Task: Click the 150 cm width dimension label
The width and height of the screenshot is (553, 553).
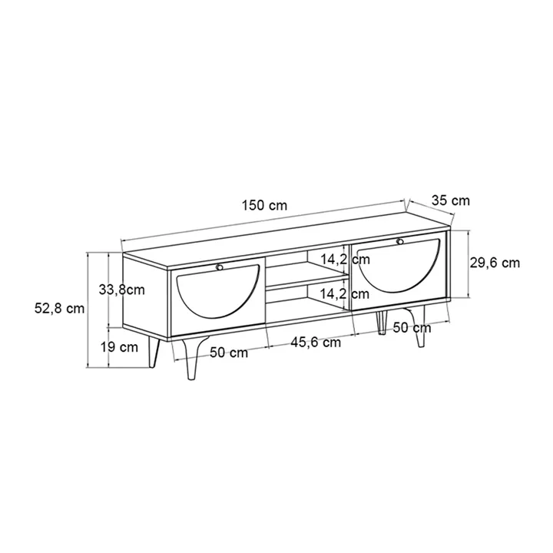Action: [x=264, y=205]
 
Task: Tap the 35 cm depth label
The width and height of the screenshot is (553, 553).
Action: [x=451, y=200]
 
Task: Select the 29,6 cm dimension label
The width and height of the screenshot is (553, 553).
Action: [x=495, y=263]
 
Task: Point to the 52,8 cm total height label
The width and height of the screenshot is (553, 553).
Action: [x=60, y=308]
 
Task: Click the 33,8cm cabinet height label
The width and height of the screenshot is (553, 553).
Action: [x=122, y=290]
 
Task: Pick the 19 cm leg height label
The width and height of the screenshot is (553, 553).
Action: [x=119, y=347]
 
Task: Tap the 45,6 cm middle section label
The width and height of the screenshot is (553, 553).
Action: [x=316, y=342]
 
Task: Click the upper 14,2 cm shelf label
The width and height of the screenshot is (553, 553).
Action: [x=346, y=260]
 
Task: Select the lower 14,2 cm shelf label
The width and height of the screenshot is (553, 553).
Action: [x=345, y=293]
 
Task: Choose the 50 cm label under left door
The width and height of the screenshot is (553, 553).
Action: [x=229, y=353]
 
